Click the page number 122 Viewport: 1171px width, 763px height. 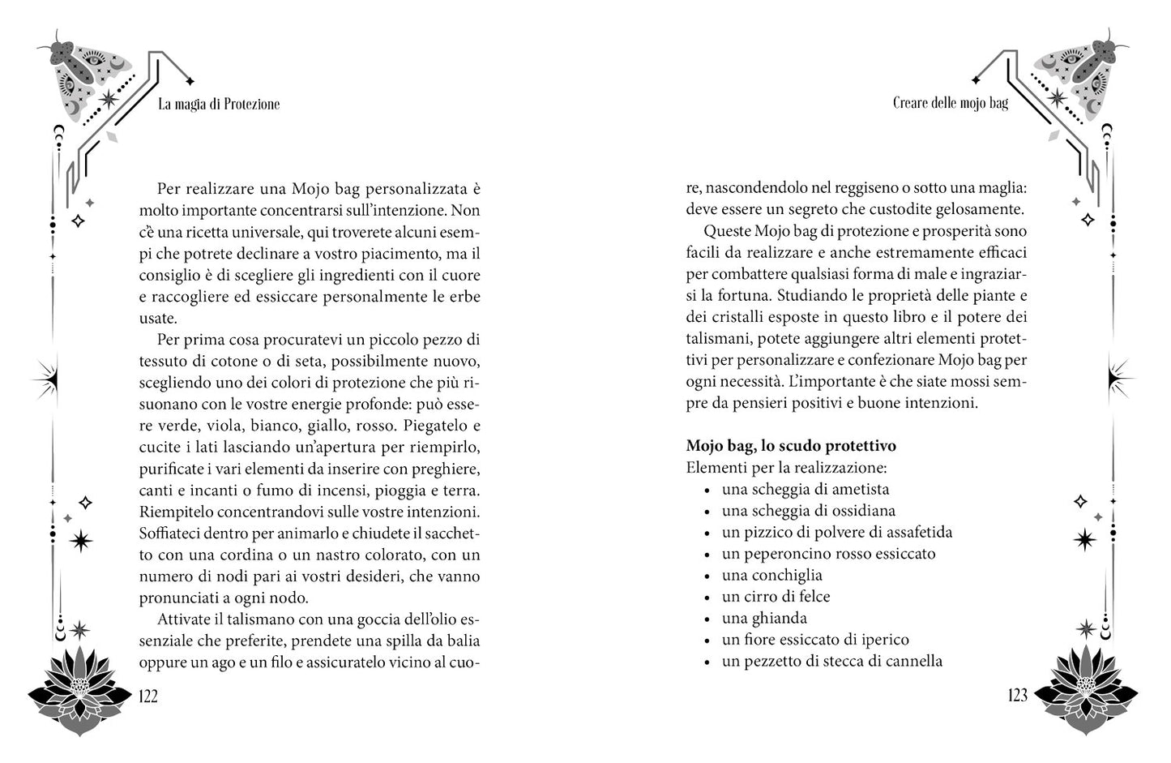click(148, 696)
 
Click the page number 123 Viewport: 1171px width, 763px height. click(1017, 696)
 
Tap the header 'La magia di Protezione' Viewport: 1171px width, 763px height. click(219, 104)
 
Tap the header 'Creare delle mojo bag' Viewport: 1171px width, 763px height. click(950, 103)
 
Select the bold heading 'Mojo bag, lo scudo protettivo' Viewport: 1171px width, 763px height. click(790, 446)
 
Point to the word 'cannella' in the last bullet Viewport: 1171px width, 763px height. click(913, 661)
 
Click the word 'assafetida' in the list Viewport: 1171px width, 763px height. click(915, 532)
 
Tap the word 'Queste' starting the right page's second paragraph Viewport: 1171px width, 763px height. click(729, 231)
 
